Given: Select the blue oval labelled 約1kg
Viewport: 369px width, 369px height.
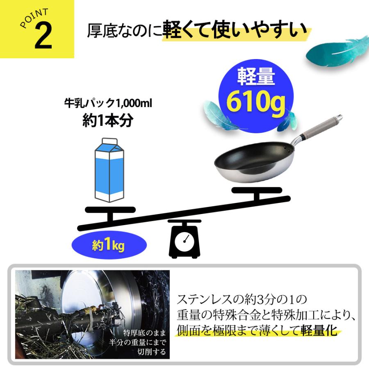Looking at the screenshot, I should (x=109, y=246).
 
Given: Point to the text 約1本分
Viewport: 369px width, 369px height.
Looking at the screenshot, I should (x=107, y=121).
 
